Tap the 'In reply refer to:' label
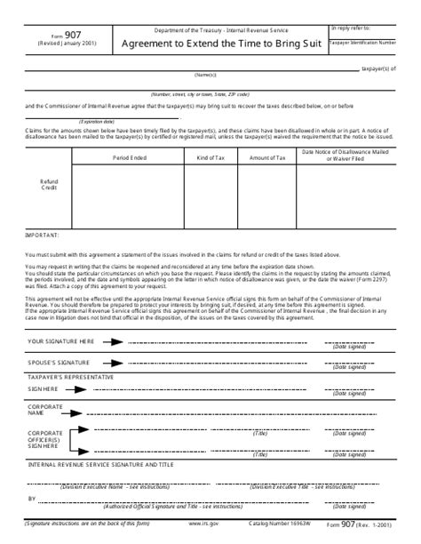[x=351, y=28]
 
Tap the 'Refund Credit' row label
[x=49, y=185]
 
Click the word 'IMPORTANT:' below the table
[x=42, y=235]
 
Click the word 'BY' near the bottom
[x=32, y=500]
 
